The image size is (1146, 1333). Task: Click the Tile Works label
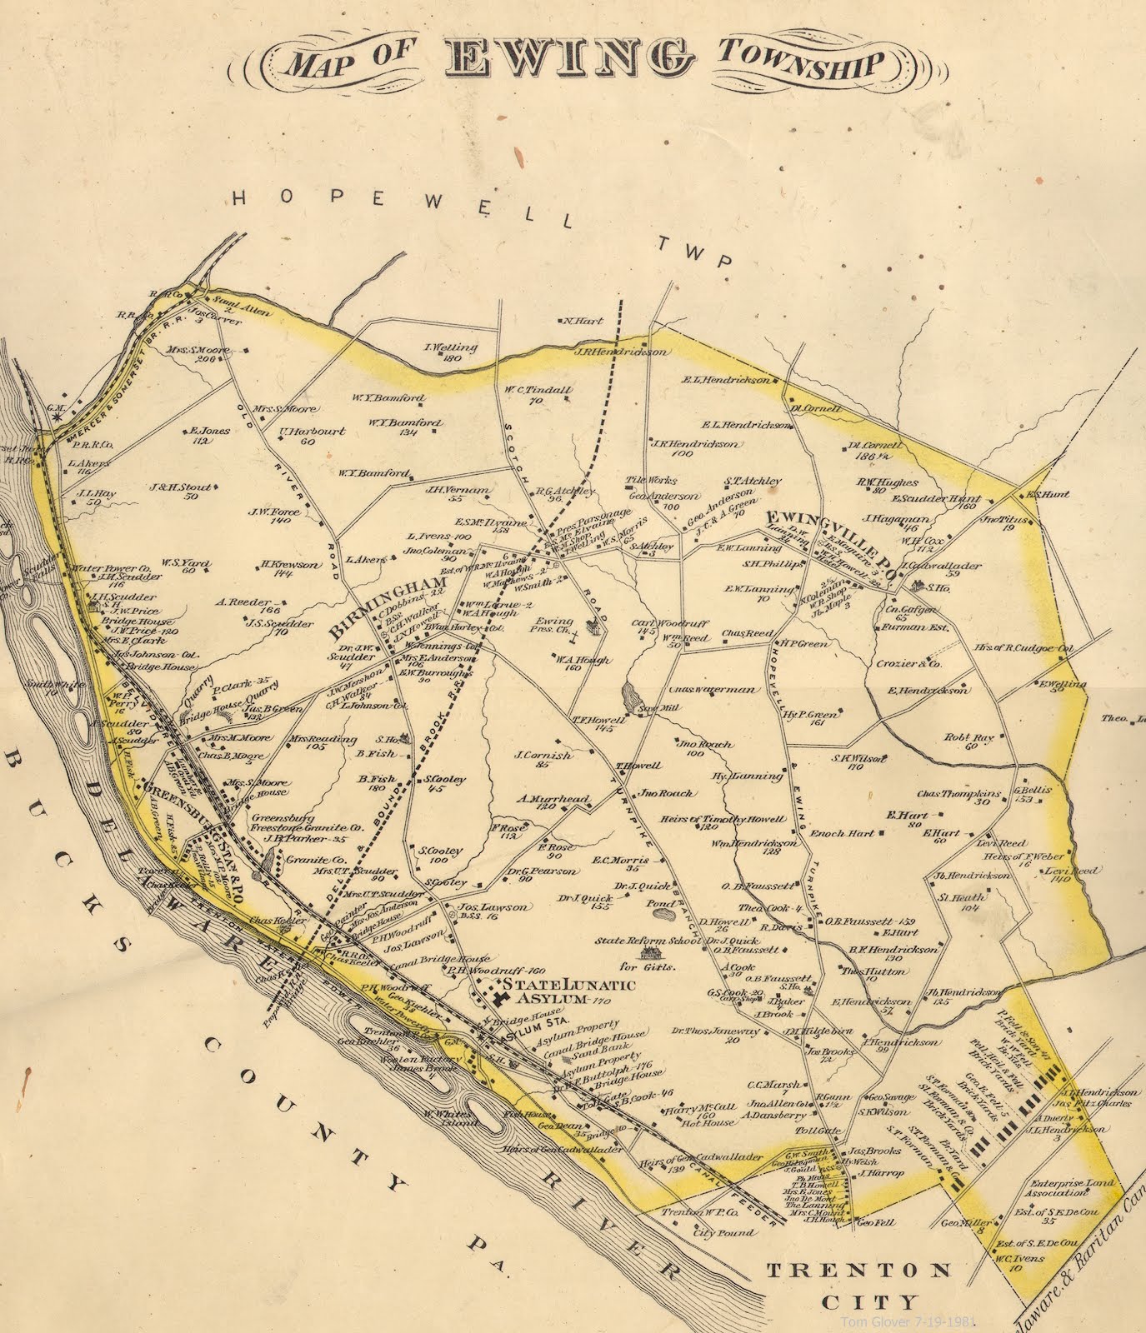(x=652, y=481)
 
